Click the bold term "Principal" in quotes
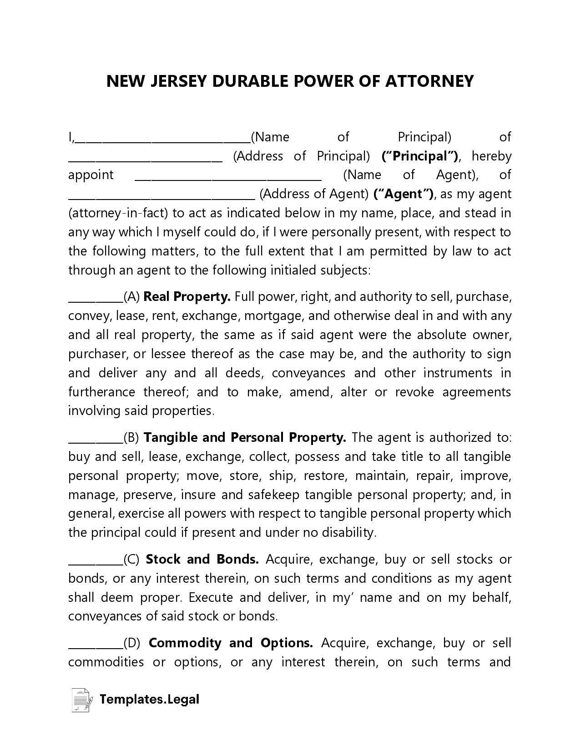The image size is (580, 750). [419, 156]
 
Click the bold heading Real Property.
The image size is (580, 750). [187, 297]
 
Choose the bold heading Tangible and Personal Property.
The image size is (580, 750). [245, 438]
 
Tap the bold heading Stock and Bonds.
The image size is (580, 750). [202, 560]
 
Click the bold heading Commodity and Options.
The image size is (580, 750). [231, 643]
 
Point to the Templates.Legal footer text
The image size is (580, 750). [149, 700]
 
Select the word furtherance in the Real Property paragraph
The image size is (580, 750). [101, 392]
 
